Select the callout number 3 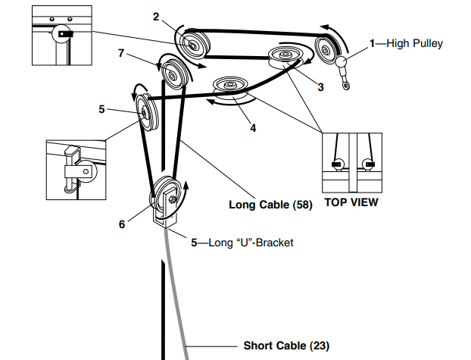click(320, 87)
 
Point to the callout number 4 click(253, 128)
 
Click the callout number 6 click(122, 224)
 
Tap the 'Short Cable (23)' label click(286, 346)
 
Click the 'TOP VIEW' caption click(351, 203)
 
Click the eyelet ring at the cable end click(347, 87)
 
